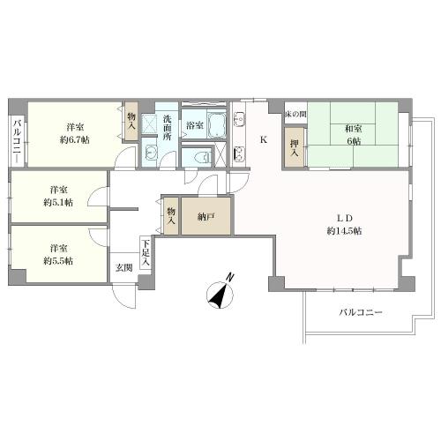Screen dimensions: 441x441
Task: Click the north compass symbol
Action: (220, 293)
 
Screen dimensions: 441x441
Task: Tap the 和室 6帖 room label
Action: (354, 135)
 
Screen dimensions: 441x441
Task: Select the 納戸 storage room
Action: (206, 216)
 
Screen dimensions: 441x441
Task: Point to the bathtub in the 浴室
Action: (217, 125)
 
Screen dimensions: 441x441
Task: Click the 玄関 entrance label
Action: (123, 268)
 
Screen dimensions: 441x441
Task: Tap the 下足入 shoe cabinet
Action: (146, 253)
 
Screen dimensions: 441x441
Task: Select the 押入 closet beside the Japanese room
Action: (295, 148)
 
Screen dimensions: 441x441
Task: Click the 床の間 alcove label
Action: (295, 114)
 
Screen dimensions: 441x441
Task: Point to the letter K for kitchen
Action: (264, 140)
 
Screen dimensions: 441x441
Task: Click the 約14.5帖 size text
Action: (344, 231)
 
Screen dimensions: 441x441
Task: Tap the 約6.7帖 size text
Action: (75, 140)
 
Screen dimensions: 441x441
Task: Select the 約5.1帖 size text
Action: (58, 203)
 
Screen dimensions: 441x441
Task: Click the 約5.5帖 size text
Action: (58, 261)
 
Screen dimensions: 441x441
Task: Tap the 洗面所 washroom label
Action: (167, 128)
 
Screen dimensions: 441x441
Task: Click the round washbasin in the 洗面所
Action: (151, 153)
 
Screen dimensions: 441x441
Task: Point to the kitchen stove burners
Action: (239, 153)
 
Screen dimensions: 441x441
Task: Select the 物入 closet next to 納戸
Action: (171, 216)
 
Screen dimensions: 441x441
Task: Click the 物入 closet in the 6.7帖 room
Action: (131, 121)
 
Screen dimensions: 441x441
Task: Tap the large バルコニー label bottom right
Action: (361, 312)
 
